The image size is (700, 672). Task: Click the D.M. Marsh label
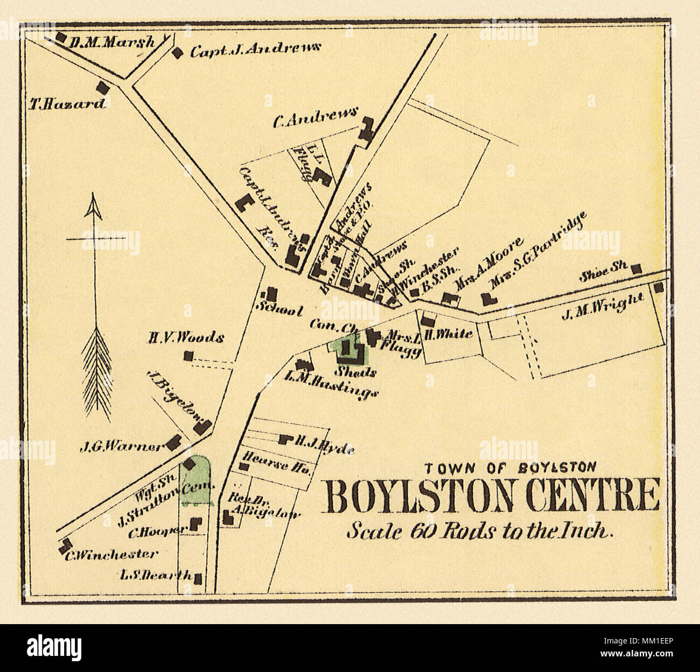pos(112,41)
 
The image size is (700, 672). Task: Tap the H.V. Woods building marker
pos(188,356)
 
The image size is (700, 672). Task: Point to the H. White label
pos(448,334)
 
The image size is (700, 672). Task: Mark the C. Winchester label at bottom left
pos(111,554)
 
